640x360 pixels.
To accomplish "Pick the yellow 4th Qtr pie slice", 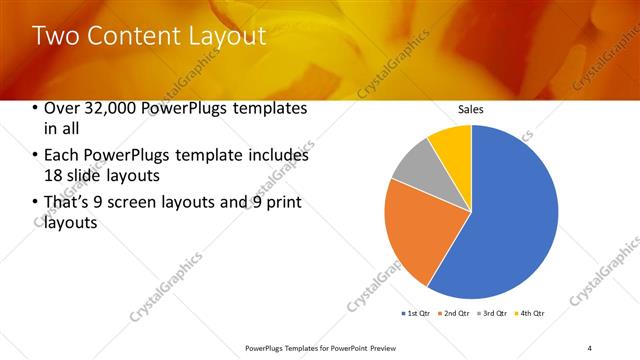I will coord(454,145).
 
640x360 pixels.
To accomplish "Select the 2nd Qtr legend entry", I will coord(456,314).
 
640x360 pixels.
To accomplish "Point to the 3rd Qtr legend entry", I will coord(493,314).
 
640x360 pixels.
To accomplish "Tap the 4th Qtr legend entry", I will coord(530,314).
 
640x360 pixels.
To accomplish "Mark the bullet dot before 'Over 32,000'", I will coord(37,109).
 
